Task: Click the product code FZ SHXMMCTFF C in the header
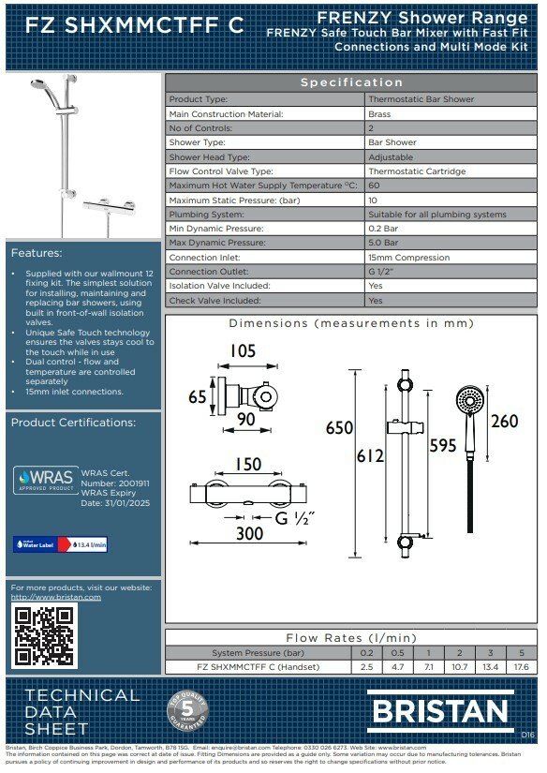click(x=134, y=25)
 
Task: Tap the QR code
click(x=42, y=636)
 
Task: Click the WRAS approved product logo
click(x=44, y=480)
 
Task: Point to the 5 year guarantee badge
click(x=186, y=711)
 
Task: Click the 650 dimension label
click(x=339, y=428)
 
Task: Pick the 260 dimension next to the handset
click(x=504, y=422)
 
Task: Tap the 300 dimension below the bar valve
click(x=248, y=534)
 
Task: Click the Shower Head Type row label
click(x=209, y=157)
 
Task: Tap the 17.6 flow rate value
click(x=522, y=667)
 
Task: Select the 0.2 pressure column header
click(x=366, y=652)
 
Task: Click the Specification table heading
click(x=351, y=82)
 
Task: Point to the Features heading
click(x=37, y=253)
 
